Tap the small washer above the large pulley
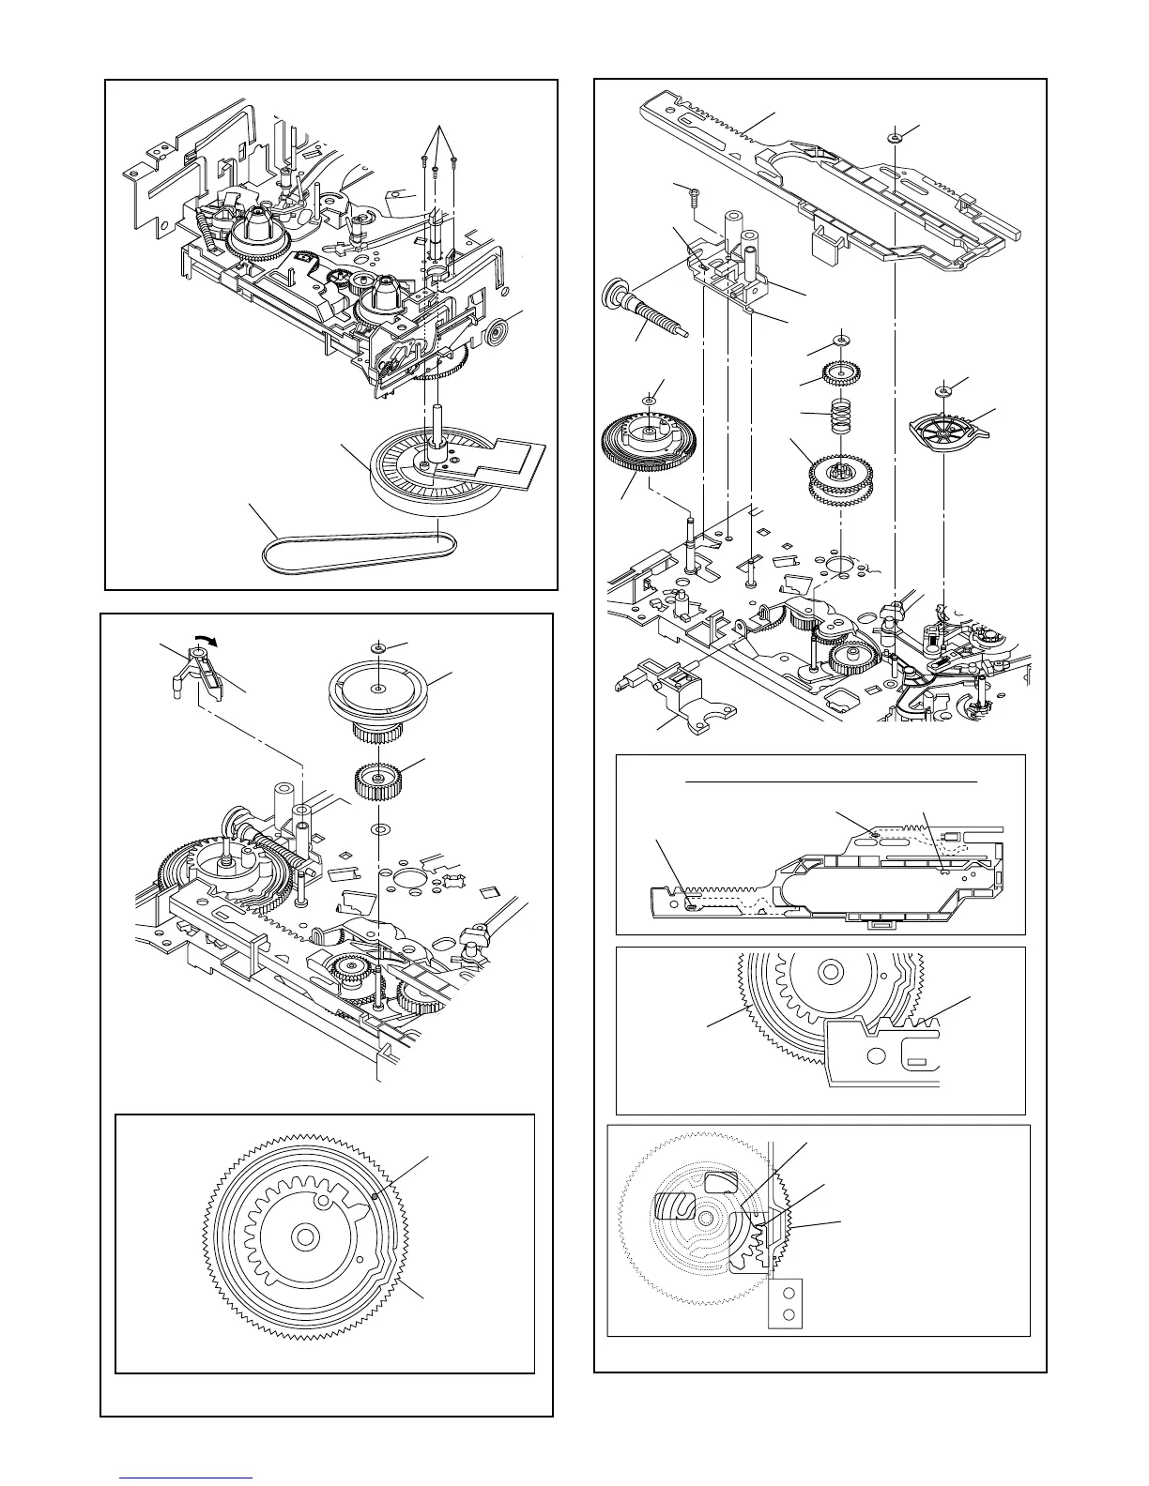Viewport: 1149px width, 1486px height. pos(378,648)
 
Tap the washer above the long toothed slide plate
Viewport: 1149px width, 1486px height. pos(896,138)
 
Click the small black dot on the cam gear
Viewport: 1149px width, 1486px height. pos(375,1196)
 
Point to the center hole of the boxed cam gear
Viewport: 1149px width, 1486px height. pos(303,1236)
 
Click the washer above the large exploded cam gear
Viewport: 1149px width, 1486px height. pos(648,401)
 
